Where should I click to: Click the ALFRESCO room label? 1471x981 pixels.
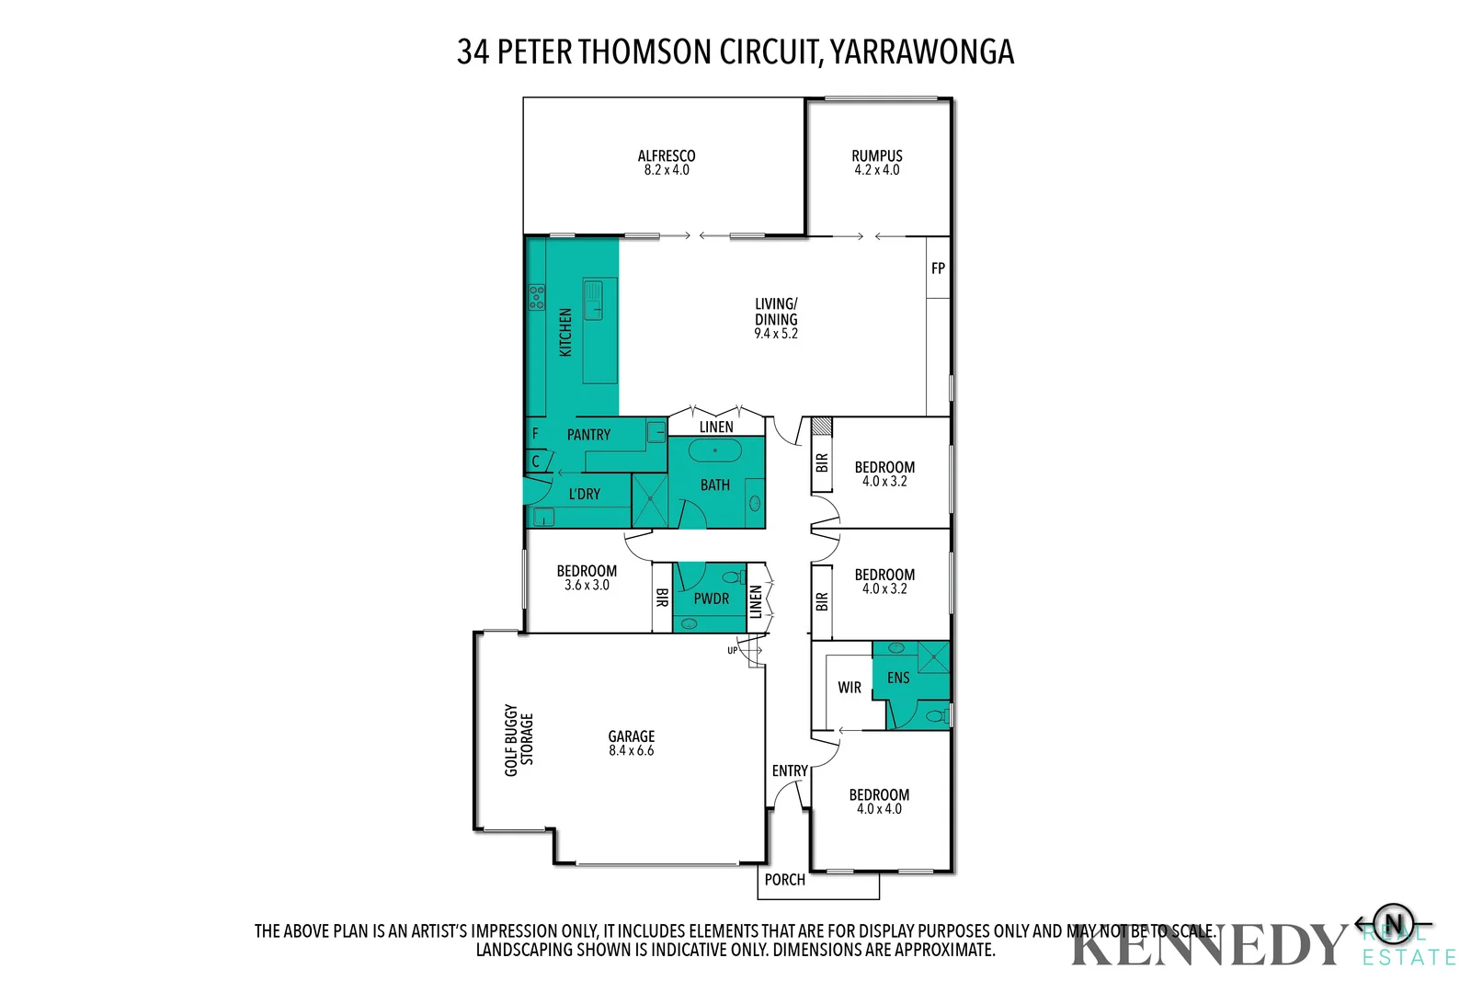click(x=667, y=156)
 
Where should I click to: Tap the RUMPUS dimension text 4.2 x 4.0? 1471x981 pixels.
click(x=876, y=170)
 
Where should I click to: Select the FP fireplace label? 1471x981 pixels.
click(x=938, y=268)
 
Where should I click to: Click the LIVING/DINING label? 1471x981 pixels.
click(x=776, y=312)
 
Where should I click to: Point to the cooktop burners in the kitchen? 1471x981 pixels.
click(x=536, y=297)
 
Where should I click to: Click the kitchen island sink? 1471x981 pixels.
click(x=595, y=299)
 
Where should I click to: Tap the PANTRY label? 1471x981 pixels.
click(x=588, y=435)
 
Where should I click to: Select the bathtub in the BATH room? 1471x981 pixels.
click(x=714, y=451)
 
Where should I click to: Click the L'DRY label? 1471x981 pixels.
click(x=584, y=495)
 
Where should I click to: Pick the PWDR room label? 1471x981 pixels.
click(x=711, y=599)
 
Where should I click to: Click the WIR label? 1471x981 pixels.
click(x=850, y=688)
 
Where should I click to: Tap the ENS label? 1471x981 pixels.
click(x=898, y=679)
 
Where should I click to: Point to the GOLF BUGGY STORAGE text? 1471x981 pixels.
click(x=519, y=740)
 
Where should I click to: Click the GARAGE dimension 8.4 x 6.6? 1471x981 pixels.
click(x=631, y=751)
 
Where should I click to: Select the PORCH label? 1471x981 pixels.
click(x=784, y=880)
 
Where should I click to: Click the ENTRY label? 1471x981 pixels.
click(x=790, y=771)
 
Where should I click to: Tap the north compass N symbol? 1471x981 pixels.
click(x=1394, y=923)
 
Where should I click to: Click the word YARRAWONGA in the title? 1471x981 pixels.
click(x=922, y=52)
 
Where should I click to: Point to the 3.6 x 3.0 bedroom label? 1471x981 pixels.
click(x=587, y=585)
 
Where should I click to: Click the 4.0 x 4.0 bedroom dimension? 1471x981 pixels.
click(x=879, y=809)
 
